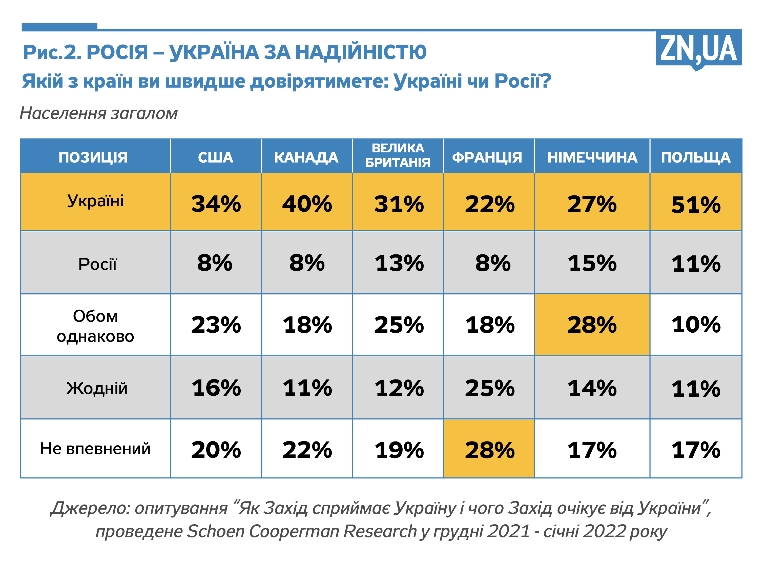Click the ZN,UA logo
698,49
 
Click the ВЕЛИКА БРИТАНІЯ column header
398,155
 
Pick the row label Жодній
97,388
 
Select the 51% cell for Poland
696,205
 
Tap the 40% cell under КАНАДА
307,204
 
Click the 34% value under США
216,204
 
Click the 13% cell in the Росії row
399,263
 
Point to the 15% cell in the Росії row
592,263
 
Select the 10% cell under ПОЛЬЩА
696,324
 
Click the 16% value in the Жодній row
216,388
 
